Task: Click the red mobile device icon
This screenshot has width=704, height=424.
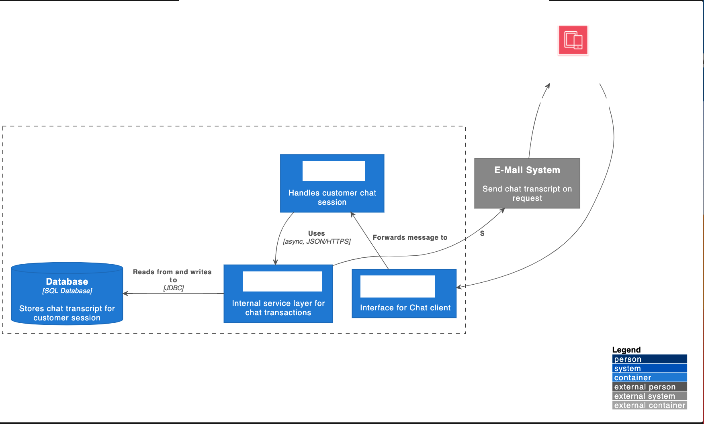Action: [573, 40]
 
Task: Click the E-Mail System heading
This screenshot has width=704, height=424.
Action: [527, 170]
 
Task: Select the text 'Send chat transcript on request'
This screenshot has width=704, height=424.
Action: [527, 193]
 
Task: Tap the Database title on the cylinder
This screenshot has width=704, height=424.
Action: [67, 281]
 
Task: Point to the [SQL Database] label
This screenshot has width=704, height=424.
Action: [67, 291]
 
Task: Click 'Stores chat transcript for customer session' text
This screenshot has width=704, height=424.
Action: [67, 313]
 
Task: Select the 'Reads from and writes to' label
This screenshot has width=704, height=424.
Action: [172, 275]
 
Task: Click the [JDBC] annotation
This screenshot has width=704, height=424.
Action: [173, 288]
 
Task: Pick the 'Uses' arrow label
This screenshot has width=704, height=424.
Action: [316, 233]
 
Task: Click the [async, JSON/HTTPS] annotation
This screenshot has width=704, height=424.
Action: [317, 241]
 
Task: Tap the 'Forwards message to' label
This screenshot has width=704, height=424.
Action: [410, 237]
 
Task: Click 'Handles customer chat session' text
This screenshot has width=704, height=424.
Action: [332, 197]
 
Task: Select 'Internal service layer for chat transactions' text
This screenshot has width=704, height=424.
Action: [278, 308]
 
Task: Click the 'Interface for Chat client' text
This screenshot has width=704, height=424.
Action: [405, 308]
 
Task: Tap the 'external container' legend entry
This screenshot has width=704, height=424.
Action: [649, 405]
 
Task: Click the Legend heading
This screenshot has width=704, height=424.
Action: [626, 350]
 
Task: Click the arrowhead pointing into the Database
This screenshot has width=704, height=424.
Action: [125, 294]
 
